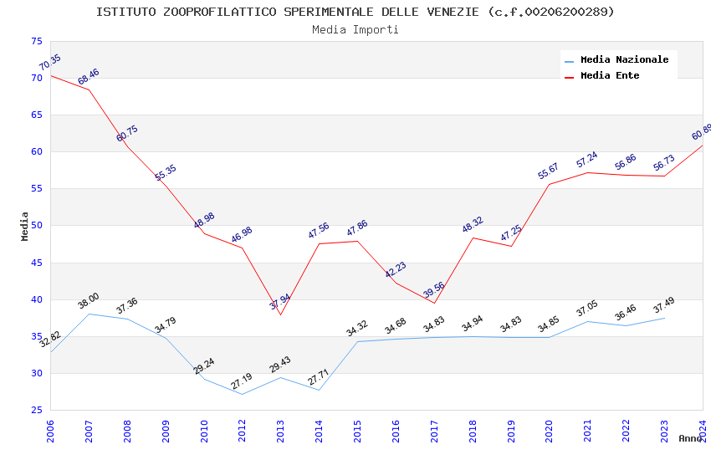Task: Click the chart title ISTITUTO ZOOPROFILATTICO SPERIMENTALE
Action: [x=355, y=12]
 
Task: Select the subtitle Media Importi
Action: [x=355, y=29]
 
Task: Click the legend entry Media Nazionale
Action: [x=624, y=59]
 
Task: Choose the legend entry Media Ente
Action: [x=610, y=75]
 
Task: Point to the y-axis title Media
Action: [x=24, y=226]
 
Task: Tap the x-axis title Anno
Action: [x=690, y=438]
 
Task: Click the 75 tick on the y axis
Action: [x=36, y=42]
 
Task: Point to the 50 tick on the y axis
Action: [x=36, y=226]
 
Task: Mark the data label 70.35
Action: [x=50, y=63]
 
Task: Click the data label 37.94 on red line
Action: [x=280, y=302]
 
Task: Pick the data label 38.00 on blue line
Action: [x=89, y=301]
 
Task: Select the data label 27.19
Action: [x=243, y=381]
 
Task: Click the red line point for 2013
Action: [x=280, y=314]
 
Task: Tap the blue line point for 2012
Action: [x=242, y=394]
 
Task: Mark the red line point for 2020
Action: [x=550, y=184]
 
